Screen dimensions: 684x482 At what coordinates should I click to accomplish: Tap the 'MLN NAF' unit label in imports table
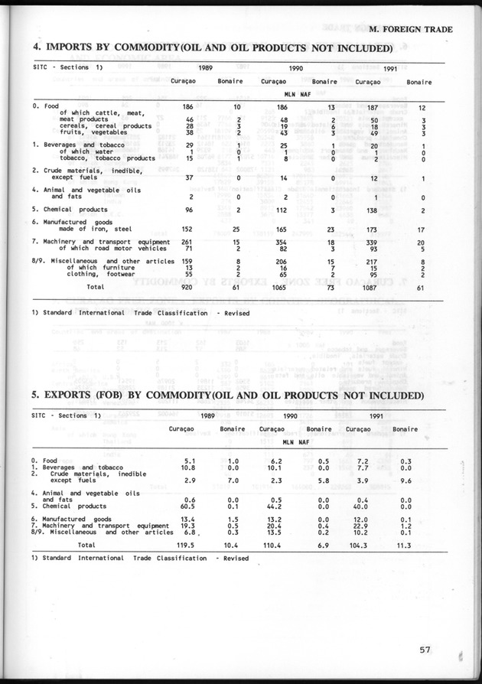click(x=294, y=95)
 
